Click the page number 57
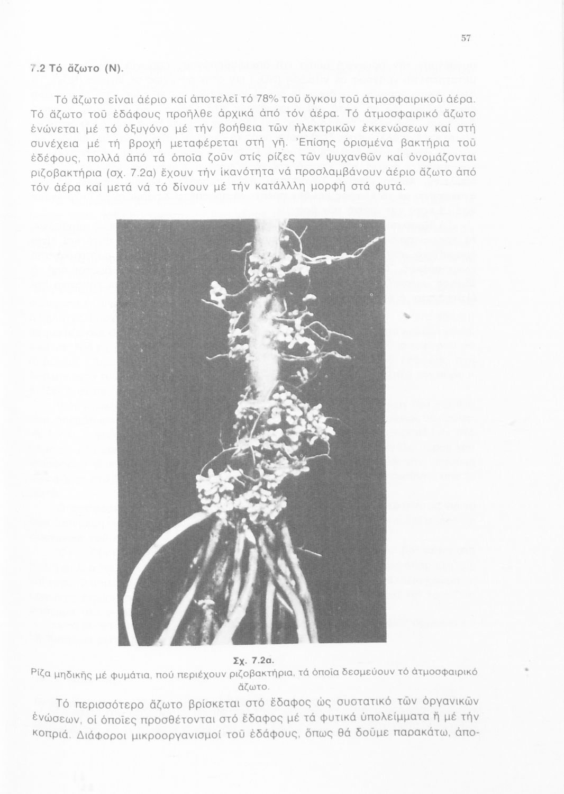466,38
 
